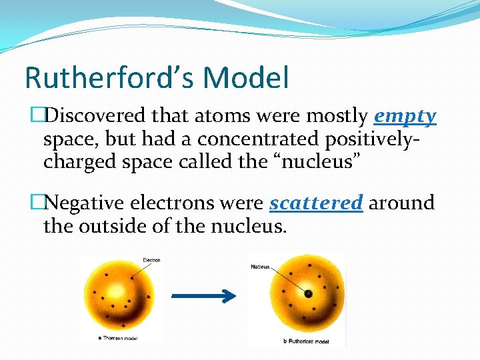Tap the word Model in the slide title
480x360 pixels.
(247, 77)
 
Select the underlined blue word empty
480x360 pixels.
(405, 117)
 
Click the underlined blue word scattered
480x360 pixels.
(316, 203)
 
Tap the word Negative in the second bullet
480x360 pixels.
(86, 203)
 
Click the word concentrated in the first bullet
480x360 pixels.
(259, 139)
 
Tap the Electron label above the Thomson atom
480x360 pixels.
(151, 260)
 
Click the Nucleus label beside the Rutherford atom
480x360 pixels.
(260, 267)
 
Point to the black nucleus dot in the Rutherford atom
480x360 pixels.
(307, 293)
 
